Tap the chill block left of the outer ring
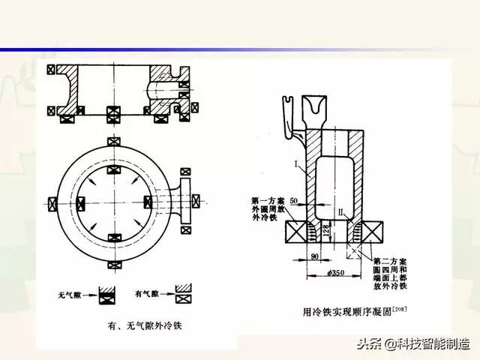point(51,202)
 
